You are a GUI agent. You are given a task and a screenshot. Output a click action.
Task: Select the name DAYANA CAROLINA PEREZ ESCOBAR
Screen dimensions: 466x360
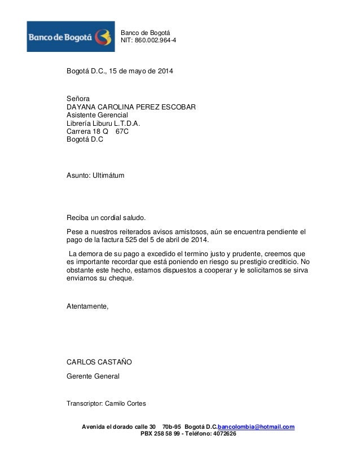pyautogui.click(x=131, y=107)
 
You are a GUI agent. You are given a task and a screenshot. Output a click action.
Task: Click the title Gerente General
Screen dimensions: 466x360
pyautogui.click(x=93, y=376)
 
